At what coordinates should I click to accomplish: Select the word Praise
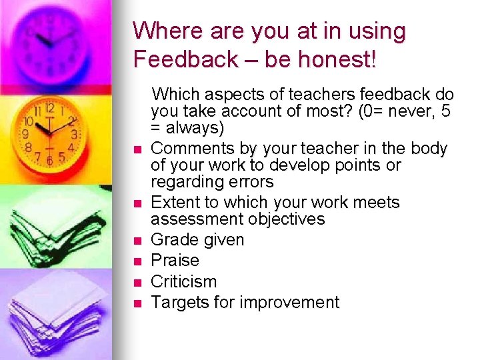click(175, 261)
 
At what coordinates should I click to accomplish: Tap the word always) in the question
click(193, 127)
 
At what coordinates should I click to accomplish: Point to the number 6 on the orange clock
click(50, 160)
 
